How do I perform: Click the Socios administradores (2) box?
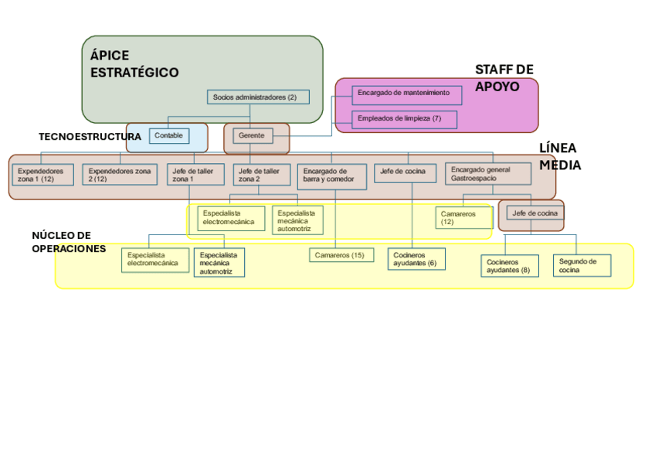[258, 97]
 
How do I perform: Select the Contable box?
[168, 135]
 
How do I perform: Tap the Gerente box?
[252, 136]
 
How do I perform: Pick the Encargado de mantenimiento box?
[407, 94]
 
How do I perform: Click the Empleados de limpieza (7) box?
[404, 119]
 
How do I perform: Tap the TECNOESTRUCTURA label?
[90, 137]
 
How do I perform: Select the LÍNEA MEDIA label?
[559, 156]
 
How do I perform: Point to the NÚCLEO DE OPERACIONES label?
[68, 242]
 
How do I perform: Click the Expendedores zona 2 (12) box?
[118, 175]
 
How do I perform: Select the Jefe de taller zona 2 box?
[261, 175]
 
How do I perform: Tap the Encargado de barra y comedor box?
[331, 176]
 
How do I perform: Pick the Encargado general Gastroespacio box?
[487, 174]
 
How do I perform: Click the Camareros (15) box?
[341, 255]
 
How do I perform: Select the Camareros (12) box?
[463, 218]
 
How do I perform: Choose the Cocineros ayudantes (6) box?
[416, 259]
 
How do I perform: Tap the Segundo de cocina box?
[581, 265]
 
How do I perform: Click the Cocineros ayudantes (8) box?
[509, 266]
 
